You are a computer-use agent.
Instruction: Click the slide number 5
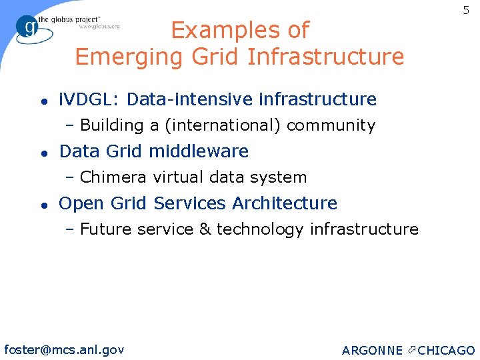click(x=466, y=11)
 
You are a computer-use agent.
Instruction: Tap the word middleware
click(x=199, y=151)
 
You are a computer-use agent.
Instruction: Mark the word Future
click(x=106, y=229)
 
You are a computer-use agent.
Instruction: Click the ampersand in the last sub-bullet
click(x=205, y=229)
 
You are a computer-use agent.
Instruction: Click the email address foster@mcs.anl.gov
click(x=64, y=349)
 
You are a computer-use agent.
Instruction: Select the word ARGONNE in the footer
click(x=372, y=351)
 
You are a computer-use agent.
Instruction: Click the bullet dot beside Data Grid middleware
click(x=42, y=153)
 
